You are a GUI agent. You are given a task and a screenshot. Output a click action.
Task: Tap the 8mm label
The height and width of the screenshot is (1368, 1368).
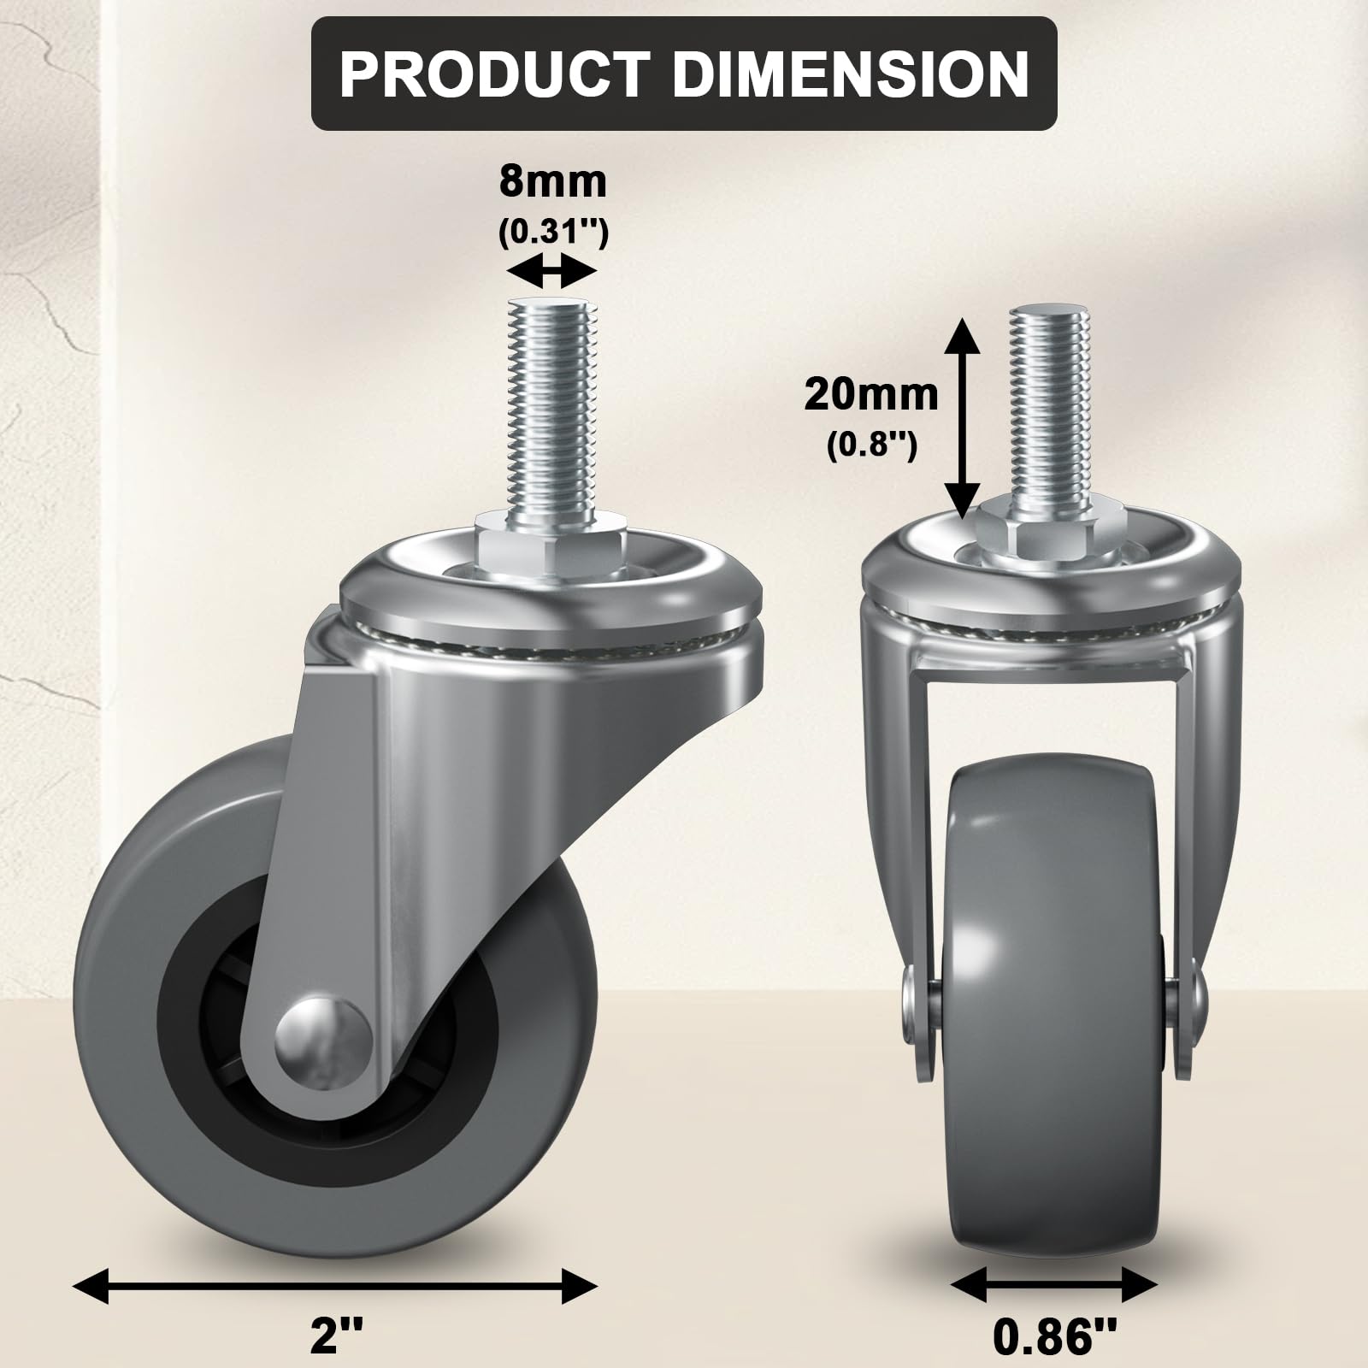[x=552, y=182]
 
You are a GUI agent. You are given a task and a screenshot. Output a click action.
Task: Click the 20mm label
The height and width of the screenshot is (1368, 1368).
[x=870, y=395]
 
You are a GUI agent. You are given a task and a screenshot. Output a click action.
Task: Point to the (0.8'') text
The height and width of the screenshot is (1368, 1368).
[x=871, y=445]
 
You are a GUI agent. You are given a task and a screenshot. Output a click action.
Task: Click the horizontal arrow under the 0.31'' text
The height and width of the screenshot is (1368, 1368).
[x=551, y=274]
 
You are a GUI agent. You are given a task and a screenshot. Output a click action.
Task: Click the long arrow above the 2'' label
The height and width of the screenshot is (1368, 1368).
[x=335, y=1285]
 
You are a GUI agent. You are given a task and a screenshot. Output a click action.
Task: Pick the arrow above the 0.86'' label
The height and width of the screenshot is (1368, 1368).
[x=1053, y=1285]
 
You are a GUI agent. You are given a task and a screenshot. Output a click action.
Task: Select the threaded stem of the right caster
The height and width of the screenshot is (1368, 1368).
[x=1051, y=402]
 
